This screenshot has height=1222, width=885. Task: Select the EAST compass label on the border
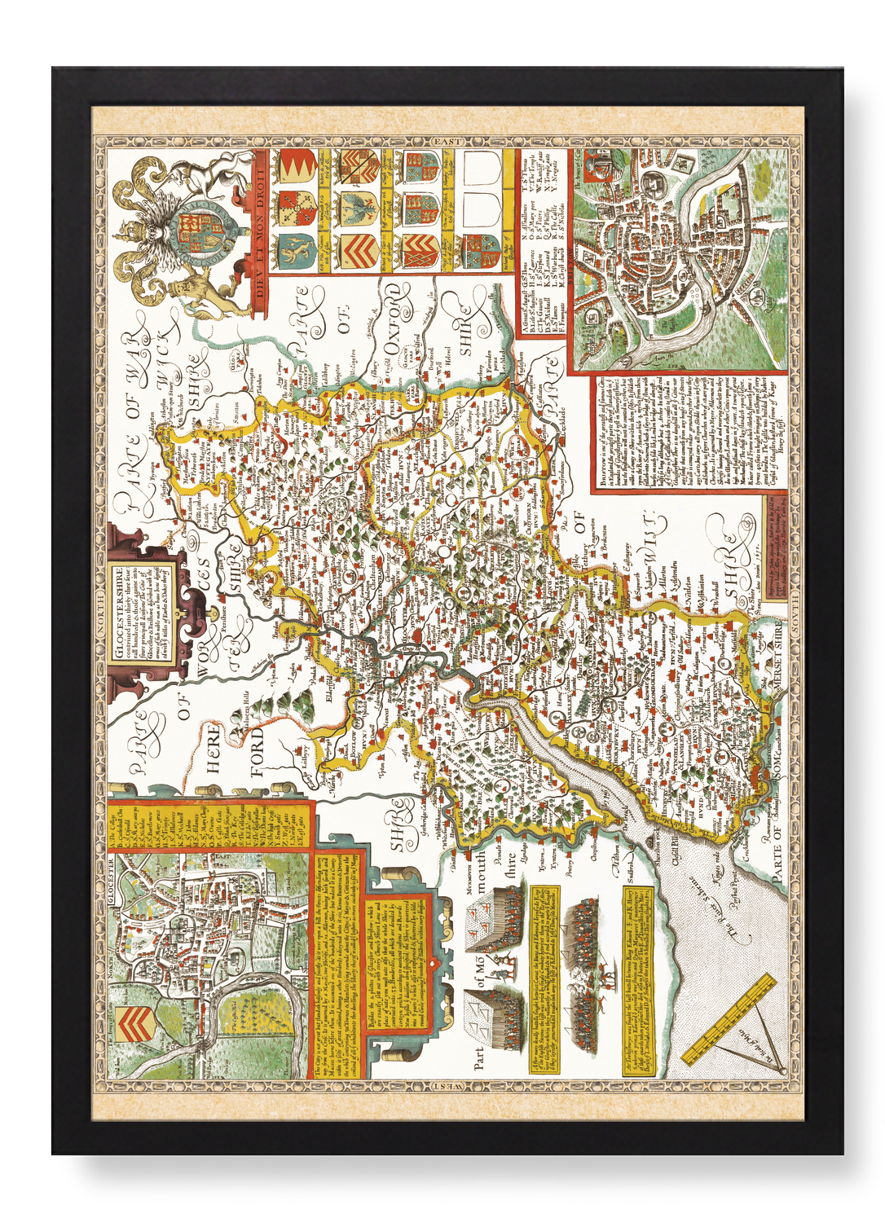[447, 142]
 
